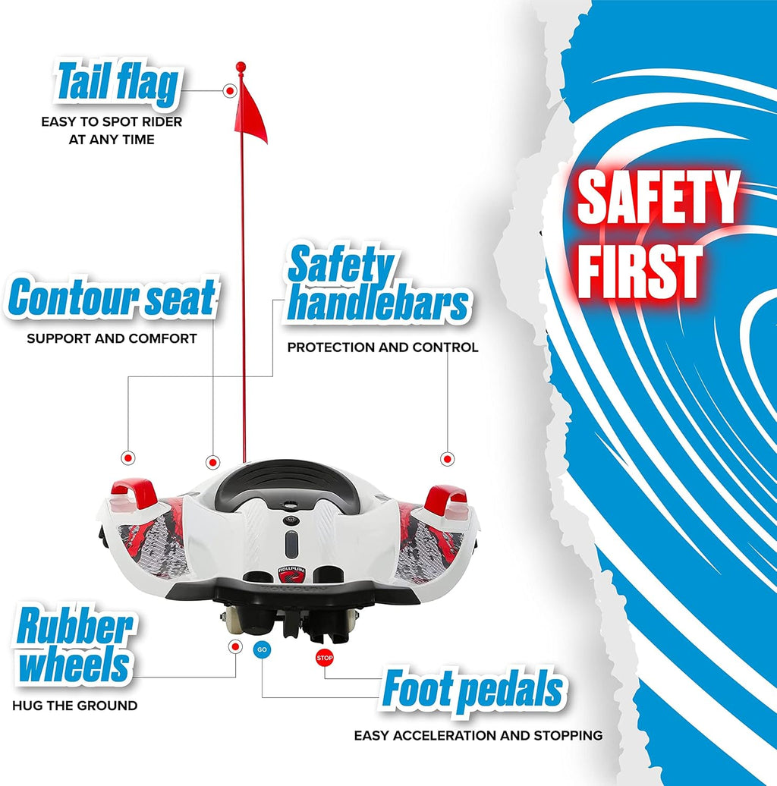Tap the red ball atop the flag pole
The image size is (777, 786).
click(x=241, y=67)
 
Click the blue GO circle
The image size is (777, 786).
click(x=262, y=649)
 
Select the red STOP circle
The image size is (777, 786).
click(x=325, y=658)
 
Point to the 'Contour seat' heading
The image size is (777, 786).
click(x=112, y=297)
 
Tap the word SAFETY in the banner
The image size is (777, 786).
click(x=658, y=197)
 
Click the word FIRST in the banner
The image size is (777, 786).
click(x=640, y=271)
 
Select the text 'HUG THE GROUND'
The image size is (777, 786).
click(x=74, y=706)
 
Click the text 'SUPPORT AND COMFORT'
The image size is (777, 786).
click(x=112, y=338)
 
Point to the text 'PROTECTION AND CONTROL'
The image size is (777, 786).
click(x=382, y=347)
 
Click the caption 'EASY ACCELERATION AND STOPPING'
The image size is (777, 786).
click(x=478, y=735)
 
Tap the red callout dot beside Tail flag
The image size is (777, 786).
click(x=230, y=91)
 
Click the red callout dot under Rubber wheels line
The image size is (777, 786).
click(x=235, y=646)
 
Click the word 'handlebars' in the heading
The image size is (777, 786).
click(x=379, y=304)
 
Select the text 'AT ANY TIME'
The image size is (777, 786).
click(x=112, y=140)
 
